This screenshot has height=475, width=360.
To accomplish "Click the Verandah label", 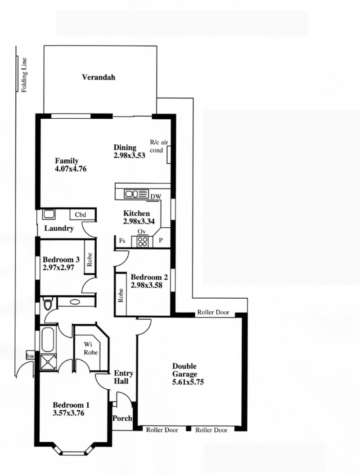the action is [x=99, y=77].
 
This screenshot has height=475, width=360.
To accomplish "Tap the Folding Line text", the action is [x=24, y=75].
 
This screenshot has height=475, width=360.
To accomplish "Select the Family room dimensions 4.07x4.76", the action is [x=71, y=169].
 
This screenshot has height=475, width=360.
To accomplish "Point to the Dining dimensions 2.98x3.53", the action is [x=130, y=155].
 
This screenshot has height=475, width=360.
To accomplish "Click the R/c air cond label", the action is [x=159, y=146].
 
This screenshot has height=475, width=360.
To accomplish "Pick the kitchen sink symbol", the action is [x=136, y=193].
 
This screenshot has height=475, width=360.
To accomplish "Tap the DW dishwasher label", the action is [x=156, y=197].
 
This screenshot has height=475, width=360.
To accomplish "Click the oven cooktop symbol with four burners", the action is [x=142, y=241].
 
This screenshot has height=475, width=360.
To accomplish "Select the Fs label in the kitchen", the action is [x=122, y=241].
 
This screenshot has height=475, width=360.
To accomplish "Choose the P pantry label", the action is [x=161, y=240].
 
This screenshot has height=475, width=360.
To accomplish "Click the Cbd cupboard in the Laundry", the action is [x=81, y=215].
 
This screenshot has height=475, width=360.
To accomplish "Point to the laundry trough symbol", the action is [x=49, y=214].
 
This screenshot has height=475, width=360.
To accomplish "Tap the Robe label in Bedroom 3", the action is [x=90, y=260].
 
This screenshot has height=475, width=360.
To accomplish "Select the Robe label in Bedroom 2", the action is [x=121, y=296].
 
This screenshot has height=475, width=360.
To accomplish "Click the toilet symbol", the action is [x=48, y=304].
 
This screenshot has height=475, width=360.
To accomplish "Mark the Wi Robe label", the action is [x=90, y=348].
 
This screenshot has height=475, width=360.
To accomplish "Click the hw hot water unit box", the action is [x=30, y=356].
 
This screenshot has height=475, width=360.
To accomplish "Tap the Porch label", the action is [x=122, y=418].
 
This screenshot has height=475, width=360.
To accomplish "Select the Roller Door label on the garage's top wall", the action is [x=213, y=312].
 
